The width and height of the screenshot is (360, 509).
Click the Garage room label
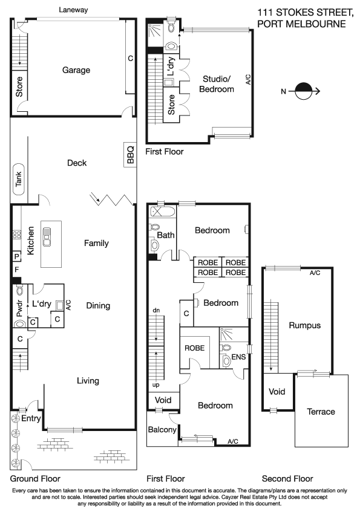point(76,70)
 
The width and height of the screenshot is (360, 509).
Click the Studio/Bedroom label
point(218,84)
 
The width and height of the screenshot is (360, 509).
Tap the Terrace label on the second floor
point(321,412)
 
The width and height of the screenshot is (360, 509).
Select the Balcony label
point(162,430)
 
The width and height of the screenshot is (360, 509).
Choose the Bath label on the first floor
point(166,235)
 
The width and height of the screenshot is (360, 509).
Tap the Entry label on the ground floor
point(31,418)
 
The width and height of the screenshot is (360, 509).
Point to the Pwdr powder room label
point(19,309)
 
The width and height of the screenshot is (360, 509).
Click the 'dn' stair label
point(156,310)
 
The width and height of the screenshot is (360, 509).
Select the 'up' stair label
point(156,384)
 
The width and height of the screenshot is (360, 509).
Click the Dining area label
point(98,306)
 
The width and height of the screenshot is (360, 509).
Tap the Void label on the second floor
point(277,392)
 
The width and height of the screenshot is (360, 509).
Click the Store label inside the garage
point(19,86)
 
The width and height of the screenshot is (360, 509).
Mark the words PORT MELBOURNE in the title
point(301,24)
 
